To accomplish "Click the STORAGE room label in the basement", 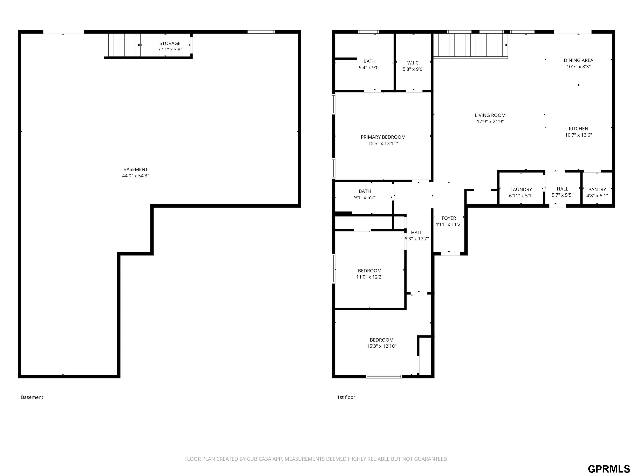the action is (170, 43).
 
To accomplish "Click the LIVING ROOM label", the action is (490, 115).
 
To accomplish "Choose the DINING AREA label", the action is (578, 60).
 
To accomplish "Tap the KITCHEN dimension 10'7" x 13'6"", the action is (578, 135).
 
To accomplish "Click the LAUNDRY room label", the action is (521, 189).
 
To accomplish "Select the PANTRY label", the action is (597, 189).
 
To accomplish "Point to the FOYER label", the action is (449, 218).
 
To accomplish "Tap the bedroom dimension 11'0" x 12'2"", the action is (369, 277).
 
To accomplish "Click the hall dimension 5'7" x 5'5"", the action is (562, 195).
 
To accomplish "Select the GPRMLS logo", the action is (609, 469).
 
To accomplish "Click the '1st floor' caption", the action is (346, 397).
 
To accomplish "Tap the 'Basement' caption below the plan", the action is (32, 397).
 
